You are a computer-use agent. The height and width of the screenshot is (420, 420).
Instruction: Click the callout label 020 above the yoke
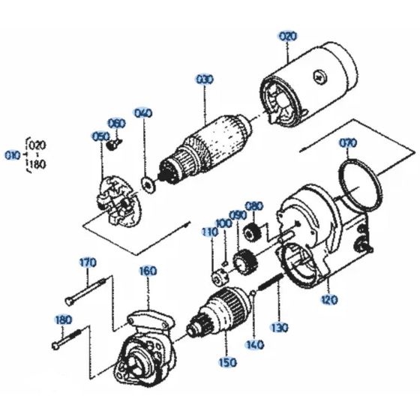pos(288,35)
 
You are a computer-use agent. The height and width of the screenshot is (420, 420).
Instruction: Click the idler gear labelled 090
pos(241,263)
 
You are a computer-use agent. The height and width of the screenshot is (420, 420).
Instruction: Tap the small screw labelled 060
pos(113,145)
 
